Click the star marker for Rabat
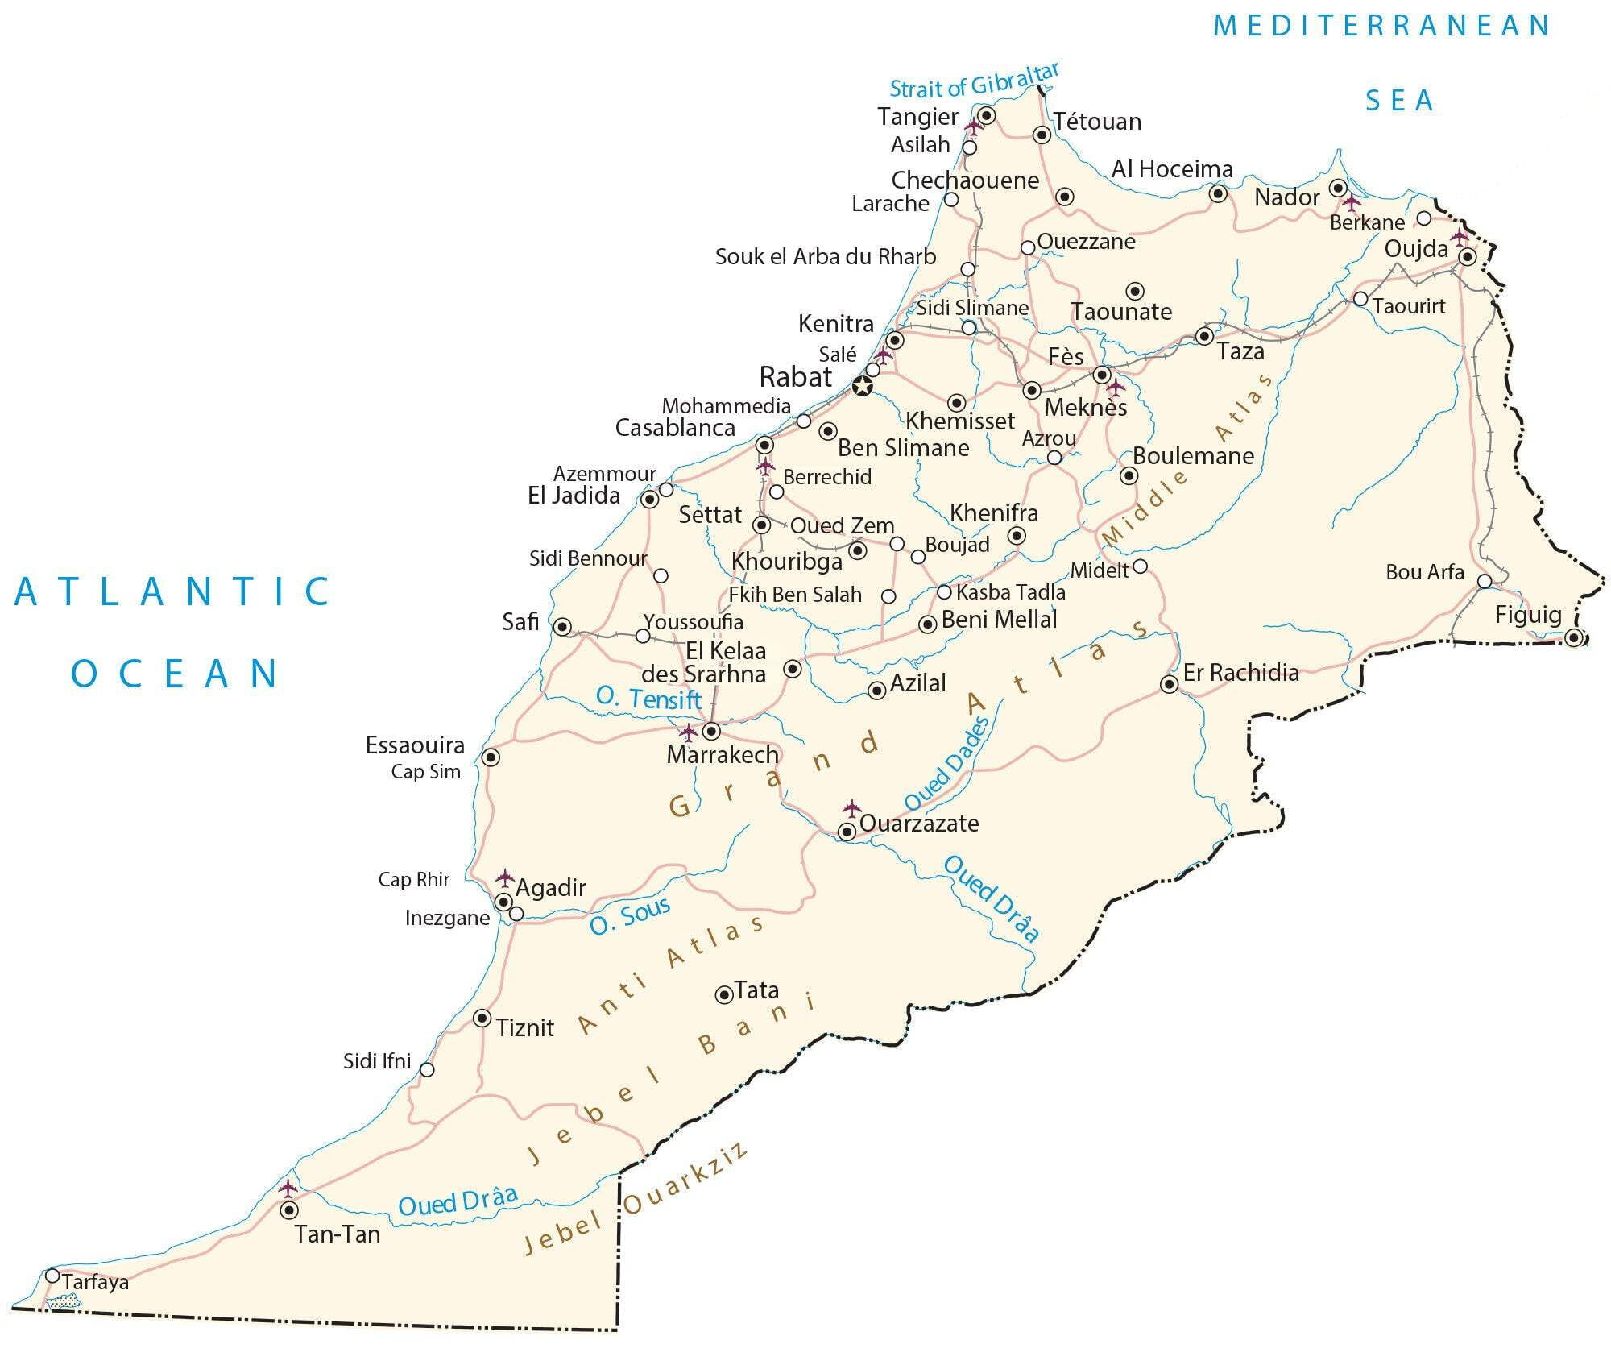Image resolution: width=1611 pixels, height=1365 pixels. pos(863,387)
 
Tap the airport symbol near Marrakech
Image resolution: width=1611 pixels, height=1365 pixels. pos(688,732)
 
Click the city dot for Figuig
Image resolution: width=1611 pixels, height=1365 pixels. pos(1575,638)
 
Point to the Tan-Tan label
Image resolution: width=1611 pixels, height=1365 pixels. pos(337,1234)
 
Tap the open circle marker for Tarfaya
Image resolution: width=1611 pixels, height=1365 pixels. pos(52,1276)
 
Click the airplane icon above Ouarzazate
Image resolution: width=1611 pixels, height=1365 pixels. pos(851,808)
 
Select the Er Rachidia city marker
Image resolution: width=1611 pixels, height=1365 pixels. pos(1169,685)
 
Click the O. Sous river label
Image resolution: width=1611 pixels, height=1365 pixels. pos(629,916)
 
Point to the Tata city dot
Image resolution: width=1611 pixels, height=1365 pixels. pos(723,994)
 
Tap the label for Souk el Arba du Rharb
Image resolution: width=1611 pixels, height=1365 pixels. pos(825,257)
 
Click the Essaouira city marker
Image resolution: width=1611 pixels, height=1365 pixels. pos(491,757)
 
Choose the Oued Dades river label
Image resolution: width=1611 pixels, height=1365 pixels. pos(947,764)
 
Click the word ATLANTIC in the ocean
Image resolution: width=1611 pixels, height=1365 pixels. pos(173,591)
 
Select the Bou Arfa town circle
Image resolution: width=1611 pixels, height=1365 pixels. pos(1485,581)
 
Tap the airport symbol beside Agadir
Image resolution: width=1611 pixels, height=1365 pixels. pos(505,877)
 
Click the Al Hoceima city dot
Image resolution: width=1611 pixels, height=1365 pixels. pos(1218,193)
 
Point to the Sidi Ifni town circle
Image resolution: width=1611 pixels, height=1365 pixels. pos(428,1069)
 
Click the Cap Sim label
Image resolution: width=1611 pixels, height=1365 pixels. pos(425,772)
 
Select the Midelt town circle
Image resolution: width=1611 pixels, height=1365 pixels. pos(1140,566)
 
